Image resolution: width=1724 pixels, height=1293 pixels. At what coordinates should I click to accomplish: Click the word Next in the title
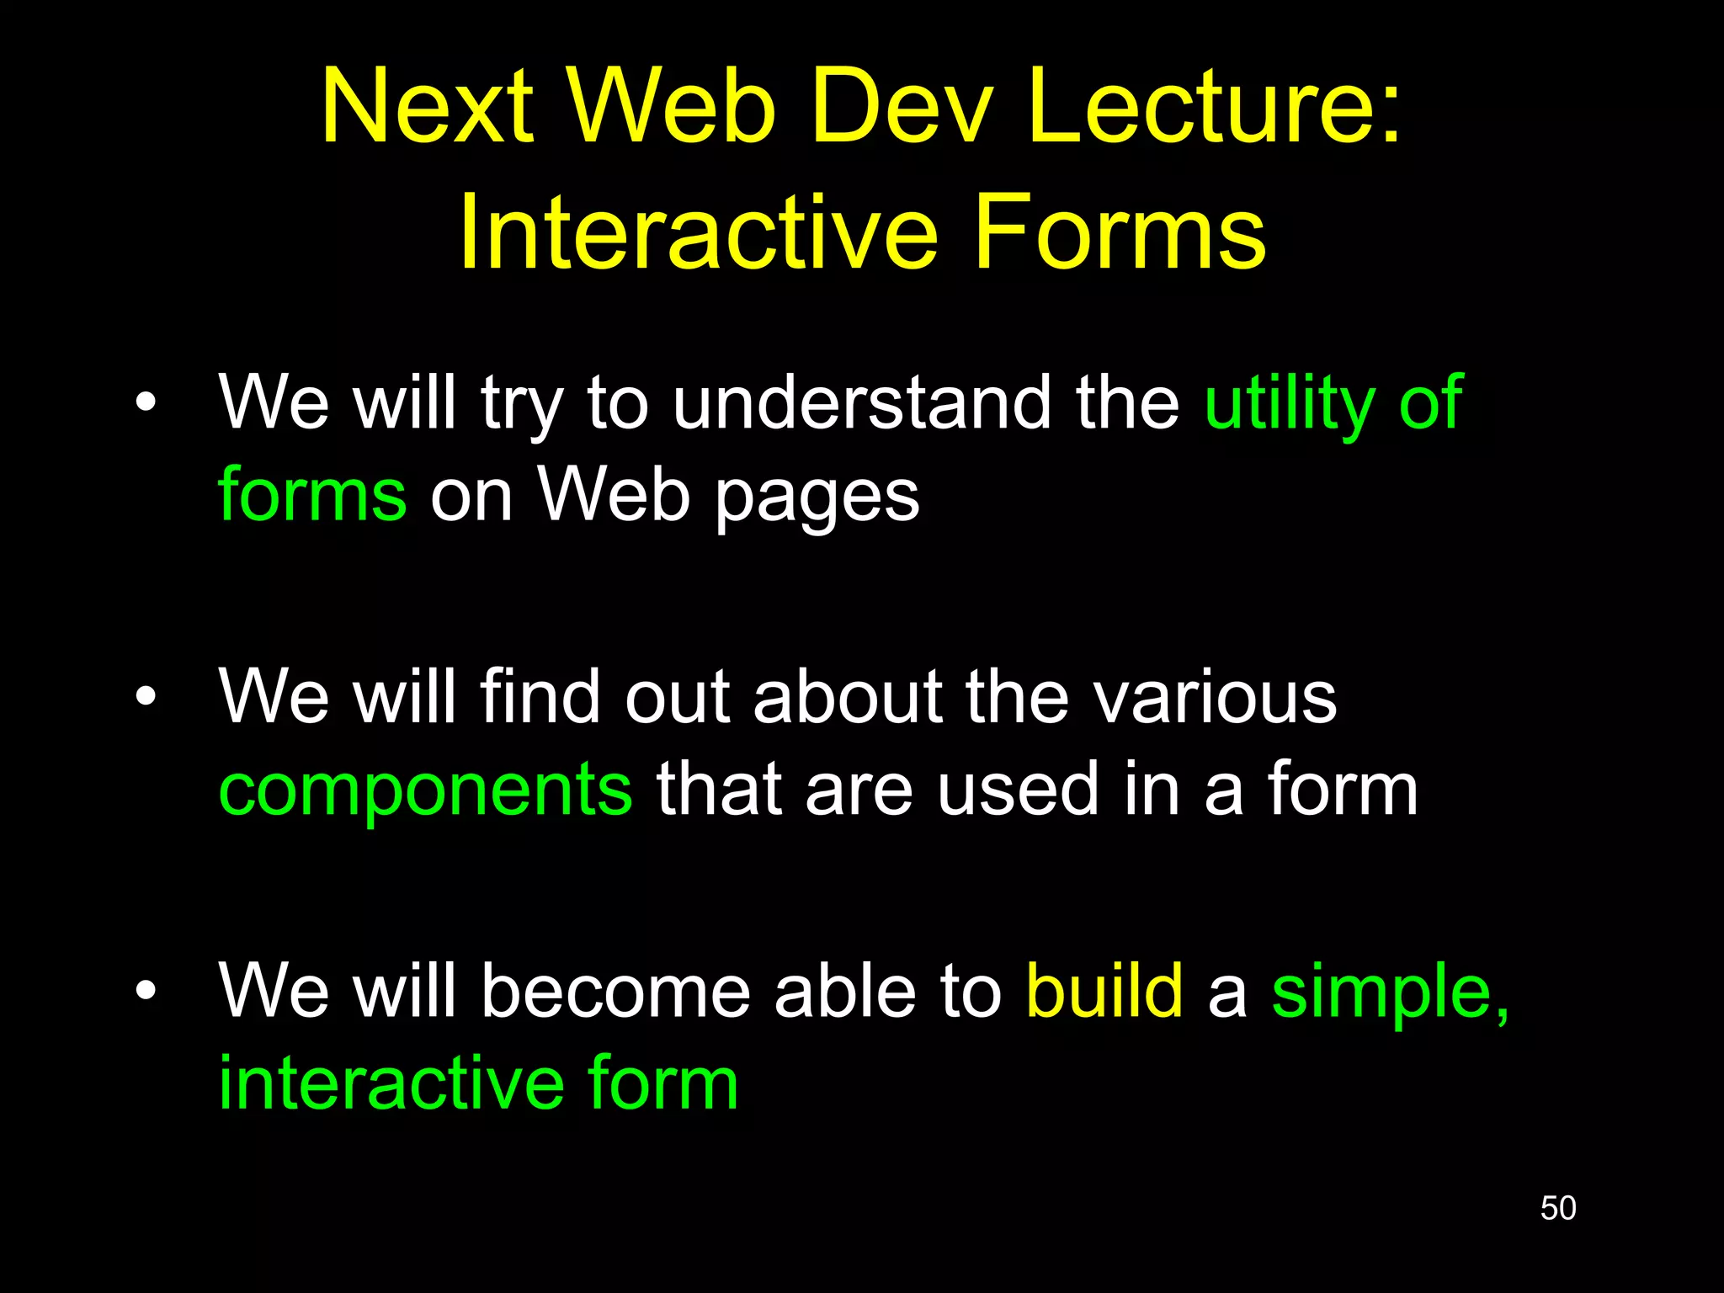[x=427, y=107]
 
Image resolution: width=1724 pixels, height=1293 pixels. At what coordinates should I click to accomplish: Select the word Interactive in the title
[x=698, y=232]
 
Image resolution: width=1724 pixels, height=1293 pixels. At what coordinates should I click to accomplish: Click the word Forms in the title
[x=1120, y=232]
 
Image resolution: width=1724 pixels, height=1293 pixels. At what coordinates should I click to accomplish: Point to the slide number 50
[x=1557, y=1208]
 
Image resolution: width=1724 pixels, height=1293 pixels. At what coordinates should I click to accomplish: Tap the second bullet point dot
[x=146, y=696]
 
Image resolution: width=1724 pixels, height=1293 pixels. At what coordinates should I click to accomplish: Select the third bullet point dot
[x=146, y=991]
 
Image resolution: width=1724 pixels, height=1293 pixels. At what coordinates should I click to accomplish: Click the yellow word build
[x=1104, y=991]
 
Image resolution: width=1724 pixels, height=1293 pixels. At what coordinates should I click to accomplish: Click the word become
[x=615, y=991]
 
